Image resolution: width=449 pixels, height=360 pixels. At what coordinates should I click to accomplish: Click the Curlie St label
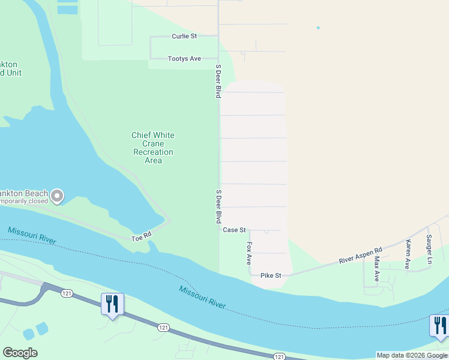click(184, 37)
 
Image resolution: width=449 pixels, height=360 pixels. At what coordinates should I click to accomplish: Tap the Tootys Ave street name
click(184, 59)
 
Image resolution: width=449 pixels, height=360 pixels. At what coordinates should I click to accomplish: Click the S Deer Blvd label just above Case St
click(218, 207)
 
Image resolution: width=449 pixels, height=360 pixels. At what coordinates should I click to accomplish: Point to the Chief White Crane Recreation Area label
click(153, 148)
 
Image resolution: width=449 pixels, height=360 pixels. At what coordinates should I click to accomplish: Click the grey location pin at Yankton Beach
click(57, 196)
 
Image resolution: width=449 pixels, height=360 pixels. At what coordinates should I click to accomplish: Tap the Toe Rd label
click(141, 239)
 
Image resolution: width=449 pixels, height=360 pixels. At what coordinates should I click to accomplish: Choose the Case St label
click(234, 230)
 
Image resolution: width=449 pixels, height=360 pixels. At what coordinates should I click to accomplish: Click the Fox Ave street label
click(249, 254)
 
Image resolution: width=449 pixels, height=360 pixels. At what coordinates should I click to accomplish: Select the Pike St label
click(271, 275)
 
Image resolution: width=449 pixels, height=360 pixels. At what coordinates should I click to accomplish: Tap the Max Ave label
click(377, 268)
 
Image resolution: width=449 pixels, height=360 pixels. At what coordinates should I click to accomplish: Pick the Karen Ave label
click(408, 254)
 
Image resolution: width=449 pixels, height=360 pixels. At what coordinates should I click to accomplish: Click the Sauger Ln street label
click(429, 249)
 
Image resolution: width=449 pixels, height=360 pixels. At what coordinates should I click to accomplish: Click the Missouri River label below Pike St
click(202, 298)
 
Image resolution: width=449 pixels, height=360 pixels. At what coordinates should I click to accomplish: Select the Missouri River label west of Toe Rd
click(32, 235)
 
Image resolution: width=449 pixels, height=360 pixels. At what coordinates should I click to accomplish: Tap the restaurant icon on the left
click(112, 304)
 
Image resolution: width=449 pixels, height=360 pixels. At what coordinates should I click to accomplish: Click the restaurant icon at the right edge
click(440, 326)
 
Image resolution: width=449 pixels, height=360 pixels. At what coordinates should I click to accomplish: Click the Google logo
click(20, 353)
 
